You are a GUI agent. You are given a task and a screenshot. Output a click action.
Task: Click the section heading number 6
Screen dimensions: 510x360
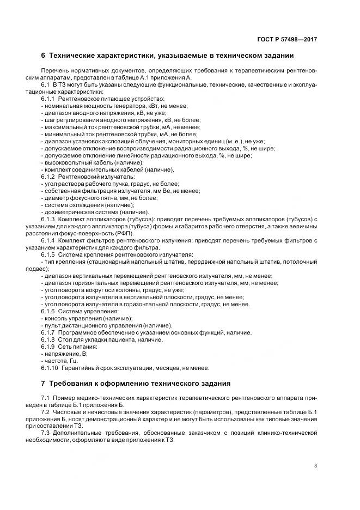[x=43, y=56]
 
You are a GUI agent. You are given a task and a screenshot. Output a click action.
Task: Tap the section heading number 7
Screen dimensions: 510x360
[x=43, y=383]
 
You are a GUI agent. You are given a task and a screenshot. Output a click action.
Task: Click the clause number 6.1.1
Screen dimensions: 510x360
[x=48, y=99]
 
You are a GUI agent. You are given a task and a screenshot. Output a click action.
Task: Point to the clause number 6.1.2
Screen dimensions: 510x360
[x=48, y=177]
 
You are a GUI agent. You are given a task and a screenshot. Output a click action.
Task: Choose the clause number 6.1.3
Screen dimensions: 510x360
[x=48, y=219]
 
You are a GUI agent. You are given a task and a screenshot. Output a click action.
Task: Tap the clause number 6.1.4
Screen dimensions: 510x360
[x=48, y=240]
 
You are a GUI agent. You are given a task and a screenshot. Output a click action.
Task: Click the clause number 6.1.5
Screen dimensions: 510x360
[x=48, y=254]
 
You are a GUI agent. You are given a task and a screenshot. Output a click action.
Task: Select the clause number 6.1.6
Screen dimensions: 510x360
[x=48, y=311]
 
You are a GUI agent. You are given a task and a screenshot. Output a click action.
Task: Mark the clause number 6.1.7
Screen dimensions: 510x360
[x=48, y=332]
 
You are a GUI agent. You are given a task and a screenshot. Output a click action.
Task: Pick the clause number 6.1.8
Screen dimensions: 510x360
[x=48, y=339]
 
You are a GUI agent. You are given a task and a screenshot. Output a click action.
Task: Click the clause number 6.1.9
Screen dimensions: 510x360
[x=48, y=347]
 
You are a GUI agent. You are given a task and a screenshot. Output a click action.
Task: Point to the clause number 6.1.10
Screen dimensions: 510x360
[x=50, y=368]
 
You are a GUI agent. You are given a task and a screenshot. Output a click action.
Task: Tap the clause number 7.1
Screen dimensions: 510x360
[x=45, y=399]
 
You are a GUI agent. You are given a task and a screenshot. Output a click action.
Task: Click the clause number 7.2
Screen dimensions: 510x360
[x=45, y=414]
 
